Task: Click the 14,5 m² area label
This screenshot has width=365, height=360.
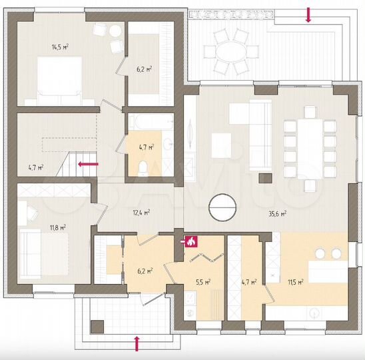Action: click(60, 47)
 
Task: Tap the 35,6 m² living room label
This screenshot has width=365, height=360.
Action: click(278, 214)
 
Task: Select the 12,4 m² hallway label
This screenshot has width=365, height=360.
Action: click(141, 213)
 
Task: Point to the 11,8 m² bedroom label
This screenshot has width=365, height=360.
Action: click(58, 227)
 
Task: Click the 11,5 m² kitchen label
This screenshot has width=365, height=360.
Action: click(296, 283)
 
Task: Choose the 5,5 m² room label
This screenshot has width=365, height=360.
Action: click(203, 282)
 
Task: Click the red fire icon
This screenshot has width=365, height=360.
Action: click(191, 241)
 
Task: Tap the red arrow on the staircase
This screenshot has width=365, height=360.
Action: click(88, 164)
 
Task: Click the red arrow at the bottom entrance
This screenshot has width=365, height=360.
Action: click(137, 343)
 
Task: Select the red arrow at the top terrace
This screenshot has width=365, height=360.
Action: click(308, 15)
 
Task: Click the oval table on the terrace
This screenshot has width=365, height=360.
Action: click(231, 52)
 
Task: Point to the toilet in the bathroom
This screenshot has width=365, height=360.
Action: click(143, 169)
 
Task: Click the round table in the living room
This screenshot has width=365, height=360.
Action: click(222, 207)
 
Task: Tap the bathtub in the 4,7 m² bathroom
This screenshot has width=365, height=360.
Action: click(151, 122)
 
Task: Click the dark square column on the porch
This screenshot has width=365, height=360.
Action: click(97, 327)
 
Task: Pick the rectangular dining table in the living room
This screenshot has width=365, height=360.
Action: click(310, 149)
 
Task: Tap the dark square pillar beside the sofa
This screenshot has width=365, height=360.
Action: click(265, 178)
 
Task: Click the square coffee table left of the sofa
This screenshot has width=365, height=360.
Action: click(221, 145)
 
